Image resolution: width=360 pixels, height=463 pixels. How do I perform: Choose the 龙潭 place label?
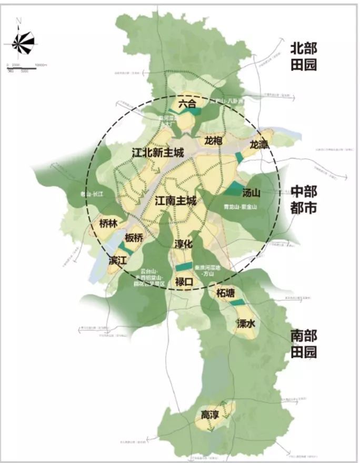[x=259, y=144]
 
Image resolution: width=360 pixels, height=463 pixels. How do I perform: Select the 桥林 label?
[x=107, y=224]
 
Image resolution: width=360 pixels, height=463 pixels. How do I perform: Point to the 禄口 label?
[x=185, y=282]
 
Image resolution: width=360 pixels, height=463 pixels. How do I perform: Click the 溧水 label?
[x=246, y=324]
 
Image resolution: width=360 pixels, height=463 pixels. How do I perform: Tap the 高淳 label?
[x=209, y=415]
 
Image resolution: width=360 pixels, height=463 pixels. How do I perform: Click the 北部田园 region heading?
[x=304, y=57]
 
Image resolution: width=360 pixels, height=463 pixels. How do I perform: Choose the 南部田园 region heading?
[x=304, y=343]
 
